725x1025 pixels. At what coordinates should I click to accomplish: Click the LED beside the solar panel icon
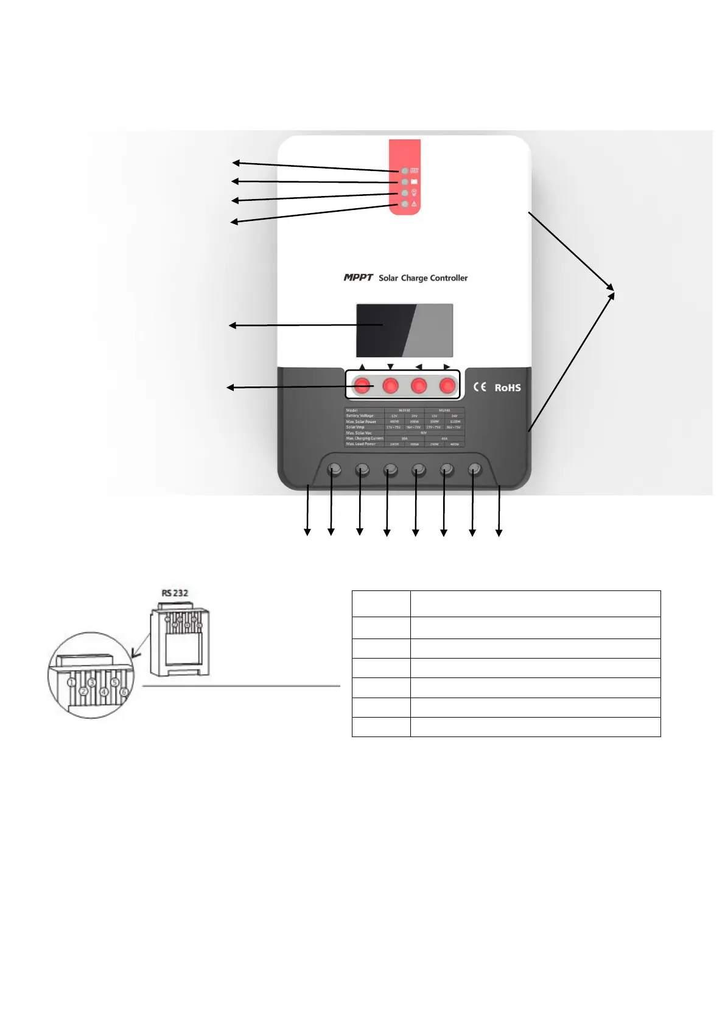pos(405,171)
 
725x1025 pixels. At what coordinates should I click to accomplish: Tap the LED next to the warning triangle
pos(405,205)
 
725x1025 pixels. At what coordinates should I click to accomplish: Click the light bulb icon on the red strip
pos(414,193)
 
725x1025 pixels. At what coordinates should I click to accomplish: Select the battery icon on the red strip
pos(414,182)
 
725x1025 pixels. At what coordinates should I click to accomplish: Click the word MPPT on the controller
pos(358,278)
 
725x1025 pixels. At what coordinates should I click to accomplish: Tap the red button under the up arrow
pos(363,385)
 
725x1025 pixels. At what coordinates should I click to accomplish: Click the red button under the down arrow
pos(391,385)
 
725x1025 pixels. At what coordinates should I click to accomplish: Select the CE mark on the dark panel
pos(480,387)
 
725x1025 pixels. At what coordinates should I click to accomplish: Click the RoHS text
pos(507,388)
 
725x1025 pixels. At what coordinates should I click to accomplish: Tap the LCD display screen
pos(404,330)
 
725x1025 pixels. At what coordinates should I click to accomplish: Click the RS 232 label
pos(175,593)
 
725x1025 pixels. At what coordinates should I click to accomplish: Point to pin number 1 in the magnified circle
pos(72,682)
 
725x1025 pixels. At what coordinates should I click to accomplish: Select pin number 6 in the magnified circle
pos(124,692)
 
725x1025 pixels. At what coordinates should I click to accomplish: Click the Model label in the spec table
pos(352,410)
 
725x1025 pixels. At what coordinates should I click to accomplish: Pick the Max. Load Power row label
pos(360,444)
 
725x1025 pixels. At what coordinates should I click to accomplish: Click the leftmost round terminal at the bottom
pos(334,469)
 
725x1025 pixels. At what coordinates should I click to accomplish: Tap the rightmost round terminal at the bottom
pos(475,469)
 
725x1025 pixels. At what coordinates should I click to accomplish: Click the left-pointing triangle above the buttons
pos(418,367)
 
